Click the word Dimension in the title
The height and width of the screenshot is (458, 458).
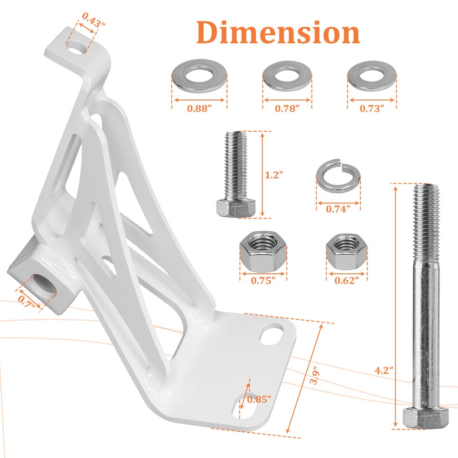[278, 32]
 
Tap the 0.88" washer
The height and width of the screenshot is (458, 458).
[199, 75]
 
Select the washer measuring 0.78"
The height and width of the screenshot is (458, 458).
[287, 75]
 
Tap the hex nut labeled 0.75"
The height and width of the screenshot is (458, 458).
[263, 251]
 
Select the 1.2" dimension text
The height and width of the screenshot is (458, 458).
[274, 175]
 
